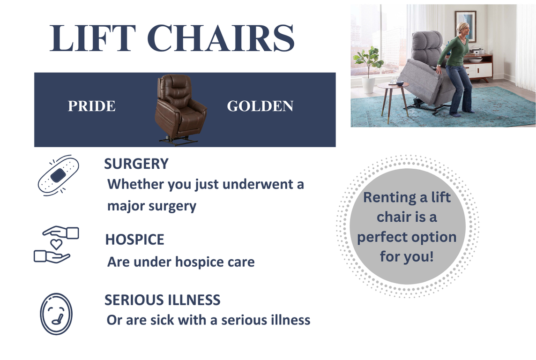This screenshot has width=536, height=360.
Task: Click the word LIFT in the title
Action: coord(92,38)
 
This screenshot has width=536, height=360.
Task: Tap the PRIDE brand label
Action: coord(92,106)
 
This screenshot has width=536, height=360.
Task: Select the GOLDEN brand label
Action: coord(260,106)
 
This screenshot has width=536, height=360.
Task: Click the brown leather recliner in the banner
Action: coord(180,109)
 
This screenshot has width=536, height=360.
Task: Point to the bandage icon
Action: coord(58,175)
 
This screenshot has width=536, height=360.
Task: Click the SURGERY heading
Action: coord(136,164)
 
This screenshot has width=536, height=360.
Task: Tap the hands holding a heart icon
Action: coord(56,245)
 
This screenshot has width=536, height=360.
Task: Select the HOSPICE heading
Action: coord(134,240)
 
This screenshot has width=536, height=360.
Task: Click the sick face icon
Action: coord(56,314)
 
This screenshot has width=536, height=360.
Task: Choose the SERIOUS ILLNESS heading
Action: coord(163,300)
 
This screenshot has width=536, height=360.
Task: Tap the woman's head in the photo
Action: coord(463,30)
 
